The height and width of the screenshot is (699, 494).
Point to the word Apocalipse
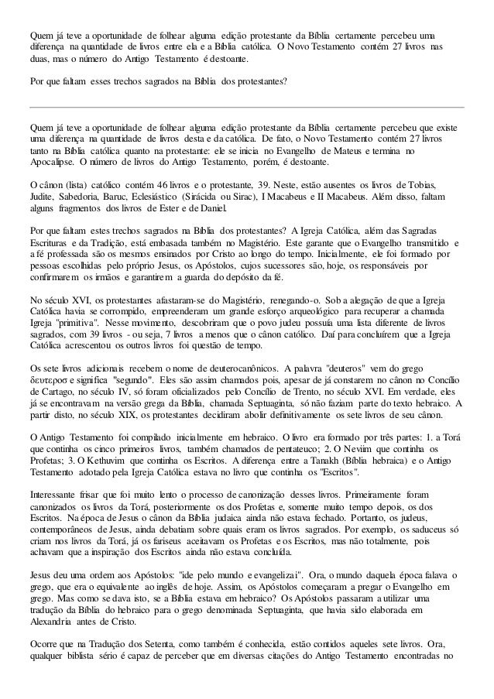[50, 165]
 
